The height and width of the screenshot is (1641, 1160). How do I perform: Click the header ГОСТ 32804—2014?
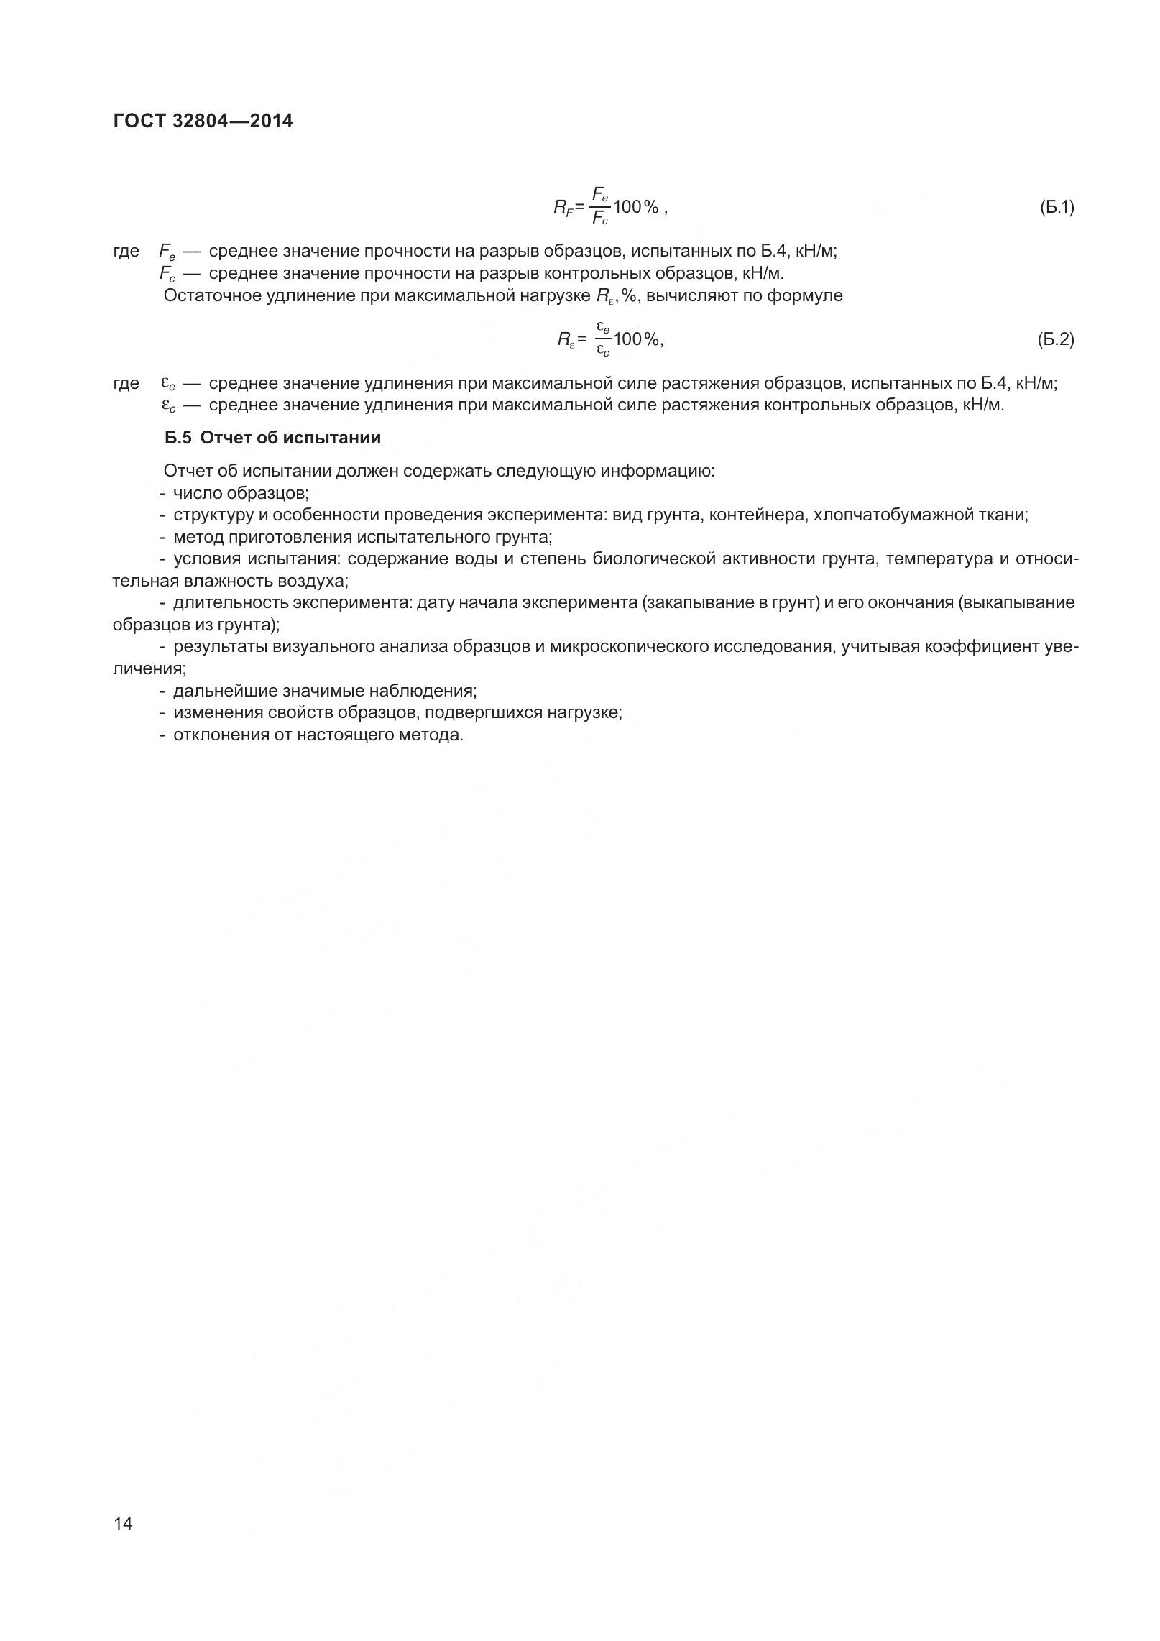[x=203, y=121]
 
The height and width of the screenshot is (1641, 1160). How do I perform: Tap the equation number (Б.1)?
[x=1056, y=208]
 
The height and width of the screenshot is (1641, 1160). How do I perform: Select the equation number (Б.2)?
[x=1056, y=339]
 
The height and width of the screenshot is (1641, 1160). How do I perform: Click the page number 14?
[x=123, y=1523]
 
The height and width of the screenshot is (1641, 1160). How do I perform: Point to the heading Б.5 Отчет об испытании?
[x=272, y=438]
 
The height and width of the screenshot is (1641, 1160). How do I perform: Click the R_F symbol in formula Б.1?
[x=563, y=208]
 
